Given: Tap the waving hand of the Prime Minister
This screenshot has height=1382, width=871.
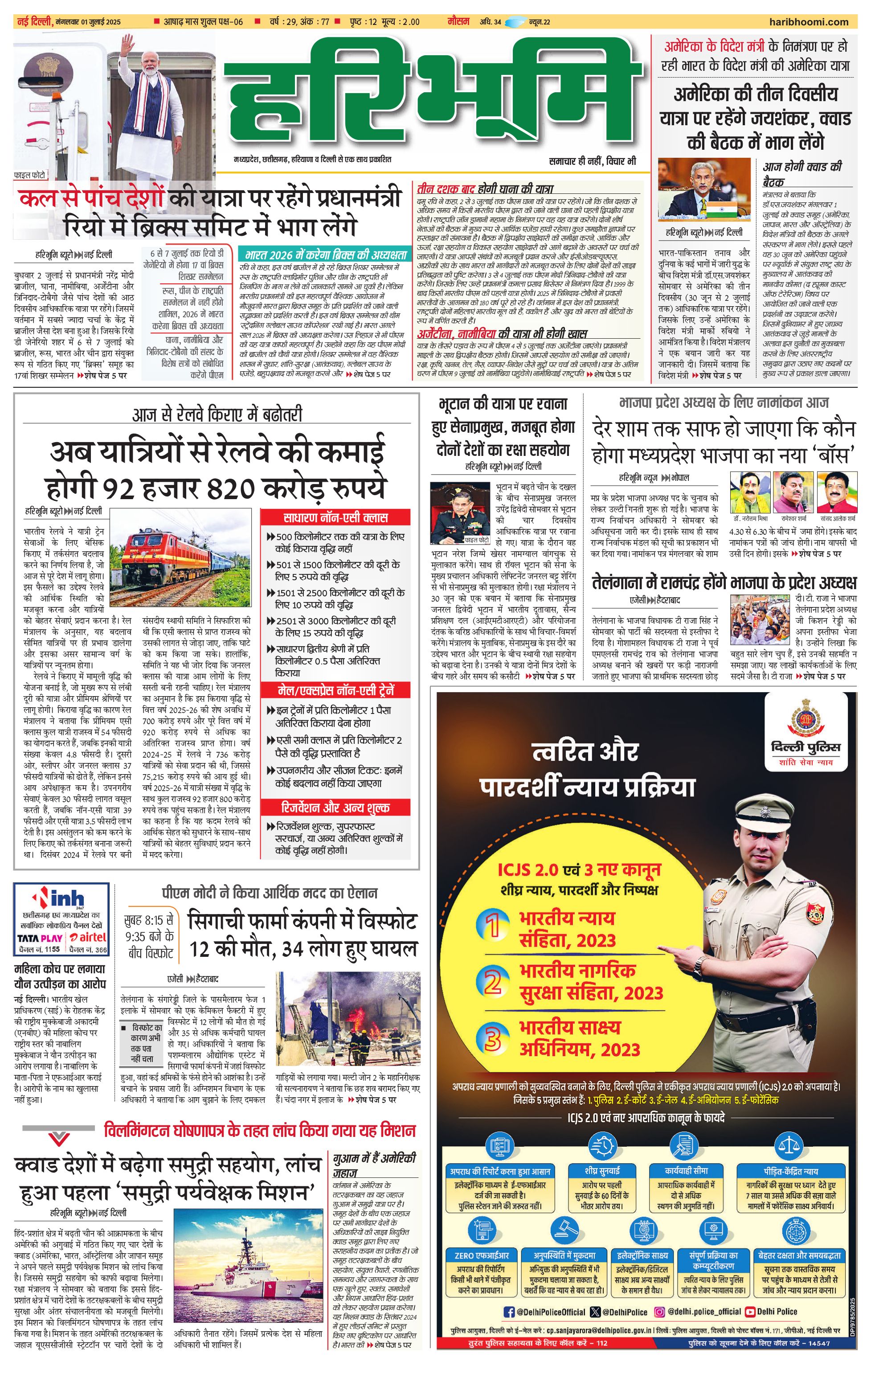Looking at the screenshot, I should [x=127, y=44].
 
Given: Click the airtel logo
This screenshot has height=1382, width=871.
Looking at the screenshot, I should [x=88, y=937].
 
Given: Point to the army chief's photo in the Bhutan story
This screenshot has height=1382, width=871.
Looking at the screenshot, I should [x=460, y=513].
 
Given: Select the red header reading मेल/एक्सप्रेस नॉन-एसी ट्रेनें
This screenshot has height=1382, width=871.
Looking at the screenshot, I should [x=335, y=690].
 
